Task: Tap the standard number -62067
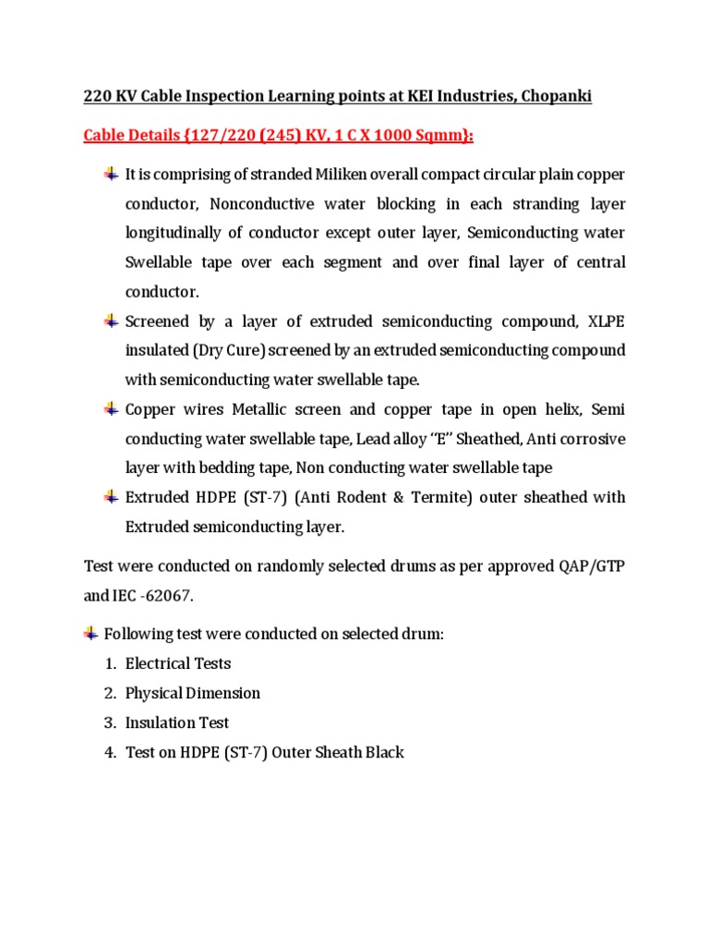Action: coord(164,596)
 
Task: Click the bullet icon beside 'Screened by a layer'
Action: coord(111,321)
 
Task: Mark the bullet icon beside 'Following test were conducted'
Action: coord(90,634)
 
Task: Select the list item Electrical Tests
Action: coord(178,663)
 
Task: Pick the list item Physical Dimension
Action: coord(193,693)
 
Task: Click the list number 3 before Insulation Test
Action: coord(109,722)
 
